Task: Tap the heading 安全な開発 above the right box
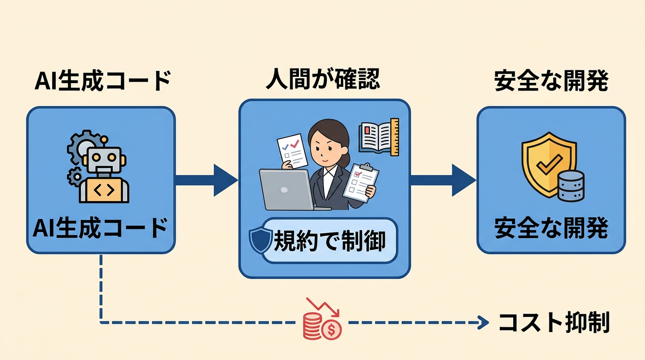pyautogui.click(x=551, y=81)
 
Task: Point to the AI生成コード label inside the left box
pyautogui.click(x=100, y=229)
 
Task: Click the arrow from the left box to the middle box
pyautogui.click(x=206, y=180)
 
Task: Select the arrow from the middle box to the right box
pyautogui.click(x=442, y=180)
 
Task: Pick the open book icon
pyautogui.click(x=378, y=136)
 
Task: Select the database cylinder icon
pyautogui.click(x=571, y=186)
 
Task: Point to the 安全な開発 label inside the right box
pyautogui.click(x=551, y=229)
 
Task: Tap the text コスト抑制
pyautogui.click(x=554, y=322)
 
